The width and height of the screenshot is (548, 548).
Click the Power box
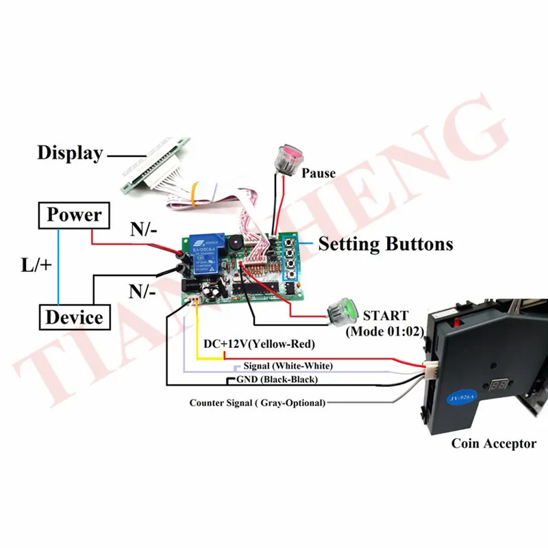74,215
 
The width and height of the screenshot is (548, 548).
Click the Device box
74,317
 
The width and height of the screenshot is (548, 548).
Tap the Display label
69,153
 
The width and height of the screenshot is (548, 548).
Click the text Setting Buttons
386,243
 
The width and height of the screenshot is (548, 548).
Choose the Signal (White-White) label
280,366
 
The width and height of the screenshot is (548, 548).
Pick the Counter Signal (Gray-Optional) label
257,403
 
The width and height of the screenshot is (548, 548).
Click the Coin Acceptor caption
493,443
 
